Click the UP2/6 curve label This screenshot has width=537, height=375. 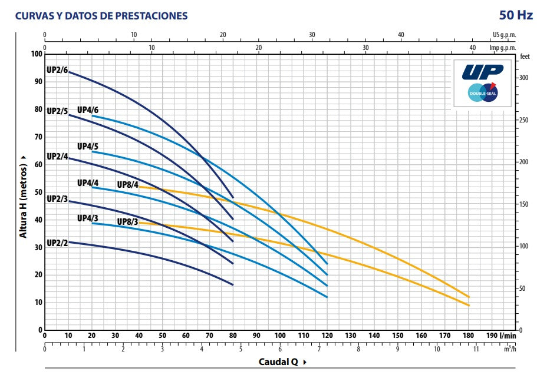click(57, 70)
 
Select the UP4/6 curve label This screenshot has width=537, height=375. click(88, 110)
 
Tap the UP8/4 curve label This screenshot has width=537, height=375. click(127, 185)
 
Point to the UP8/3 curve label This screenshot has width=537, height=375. click(127, 222)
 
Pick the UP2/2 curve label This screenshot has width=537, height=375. click(57, 243)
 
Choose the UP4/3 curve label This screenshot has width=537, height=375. click(88, 218)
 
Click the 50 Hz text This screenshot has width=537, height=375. click(516, 15)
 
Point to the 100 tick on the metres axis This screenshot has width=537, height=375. click(36, 54)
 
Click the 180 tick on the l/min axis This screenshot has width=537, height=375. click(469, 336)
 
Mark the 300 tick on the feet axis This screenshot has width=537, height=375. click(523, 78)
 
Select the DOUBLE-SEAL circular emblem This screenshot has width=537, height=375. click(482, 93)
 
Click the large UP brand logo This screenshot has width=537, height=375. click(482, 71)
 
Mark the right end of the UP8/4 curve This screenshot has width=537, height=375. click(469, 297)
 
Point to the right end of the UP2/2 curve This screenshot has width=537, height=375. click(233, 284)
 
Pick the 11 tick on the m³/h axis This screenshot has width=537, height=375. click(476, 349)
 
